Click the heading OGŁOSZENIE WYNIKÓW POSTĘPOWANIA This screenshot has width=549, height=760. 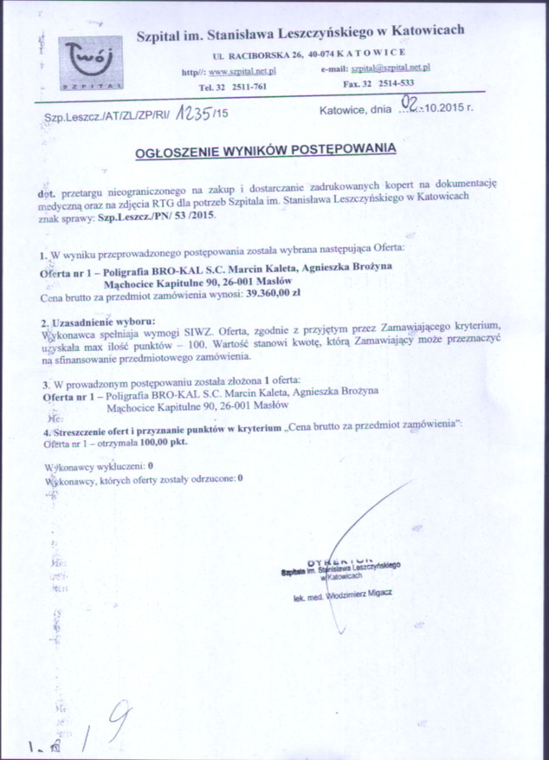click(266, 149)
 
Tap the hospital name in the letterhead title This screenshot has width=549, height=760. click(301, 31)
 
